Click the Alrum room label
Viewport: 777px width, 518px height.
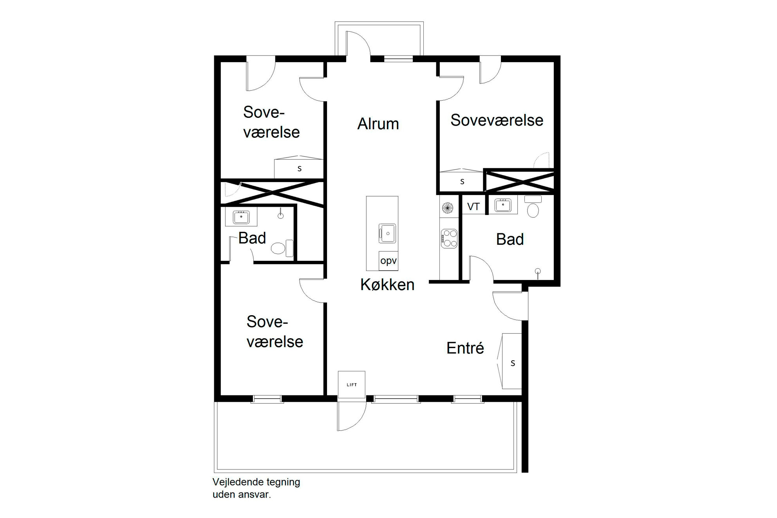(378, 124)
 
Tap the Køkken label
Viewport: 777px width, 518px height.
(387, 285)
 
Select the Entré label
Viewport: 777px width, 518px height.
(465, 348)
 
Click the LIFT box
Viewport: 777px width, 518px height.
(352, 385)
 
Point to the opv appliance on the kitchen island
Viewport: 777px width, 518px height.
(388, 261)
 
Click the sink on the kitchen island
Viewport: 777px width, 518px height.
(387, 233)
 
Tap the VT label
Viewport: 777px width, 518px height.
(473, 206)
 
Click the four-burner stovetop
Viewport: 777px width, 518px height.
(449, 238)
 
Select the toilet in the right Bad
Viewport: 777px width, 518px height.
(533, 206)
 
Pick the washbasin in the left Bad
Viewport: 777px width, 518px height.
(241, 217)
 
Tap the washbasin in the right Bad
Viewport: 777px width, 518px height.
(503, 205)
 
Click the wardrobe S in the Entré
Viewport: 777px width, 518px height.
(512, 361)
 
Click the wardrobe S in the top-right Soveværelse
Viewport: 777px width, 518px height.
(461, 181)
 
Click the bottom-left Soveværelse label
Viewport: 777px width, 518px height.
(275, 332)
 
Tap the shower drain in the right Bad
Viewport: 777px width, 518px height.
(538, 271)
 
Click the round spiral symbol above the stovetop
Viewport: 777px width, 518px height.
(448, 208)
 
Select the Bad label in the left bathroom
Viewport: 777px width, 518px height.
(252, 238)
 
